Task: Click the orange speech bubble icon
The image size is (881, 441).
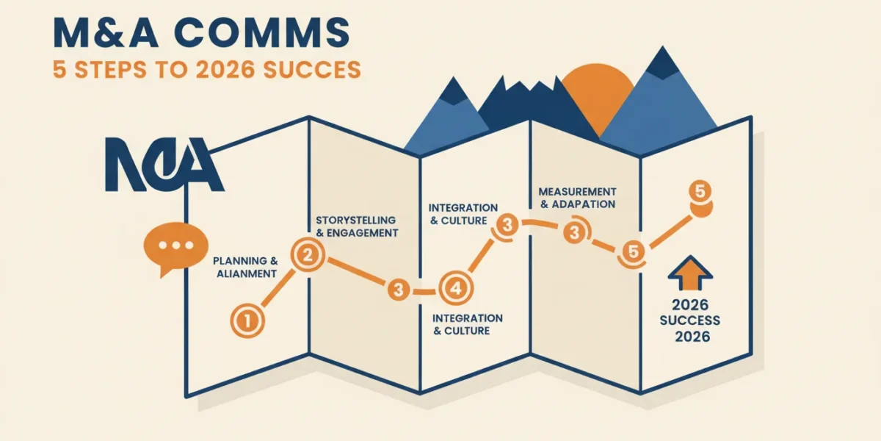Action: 175,247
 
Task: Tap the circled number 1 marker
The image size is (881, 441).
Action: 247,321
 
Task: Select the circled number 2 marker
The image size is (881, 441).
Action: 308,255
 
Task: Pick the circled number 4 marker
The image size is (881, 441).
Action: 456,289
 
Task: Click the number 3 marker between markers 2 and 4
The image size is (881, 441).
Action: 399,290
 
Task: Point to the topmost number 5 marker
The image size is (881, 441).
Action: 700,192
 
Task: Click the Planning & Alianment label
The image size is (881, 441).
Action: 246,268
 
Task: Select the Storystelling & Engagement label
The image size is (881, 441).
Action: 357,226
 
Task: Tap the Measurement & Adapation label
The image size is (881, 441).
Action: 577,198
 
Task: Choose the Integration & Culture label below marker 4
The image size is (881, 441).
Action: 467,324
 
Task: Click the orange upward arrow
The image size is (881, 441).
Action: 690,273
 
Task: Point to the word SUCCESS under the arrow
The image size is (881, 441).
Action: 690,320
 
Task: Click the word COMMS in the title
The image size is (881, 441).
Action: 262,32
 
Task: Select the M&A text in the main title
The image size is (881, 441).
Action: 106,32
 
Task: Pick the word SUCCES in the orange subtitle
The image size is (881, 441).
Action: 312,70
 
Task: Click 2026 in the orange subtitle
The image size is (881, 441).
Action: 225,70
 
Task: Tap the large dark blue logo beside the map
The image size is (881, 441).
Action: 164,165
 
